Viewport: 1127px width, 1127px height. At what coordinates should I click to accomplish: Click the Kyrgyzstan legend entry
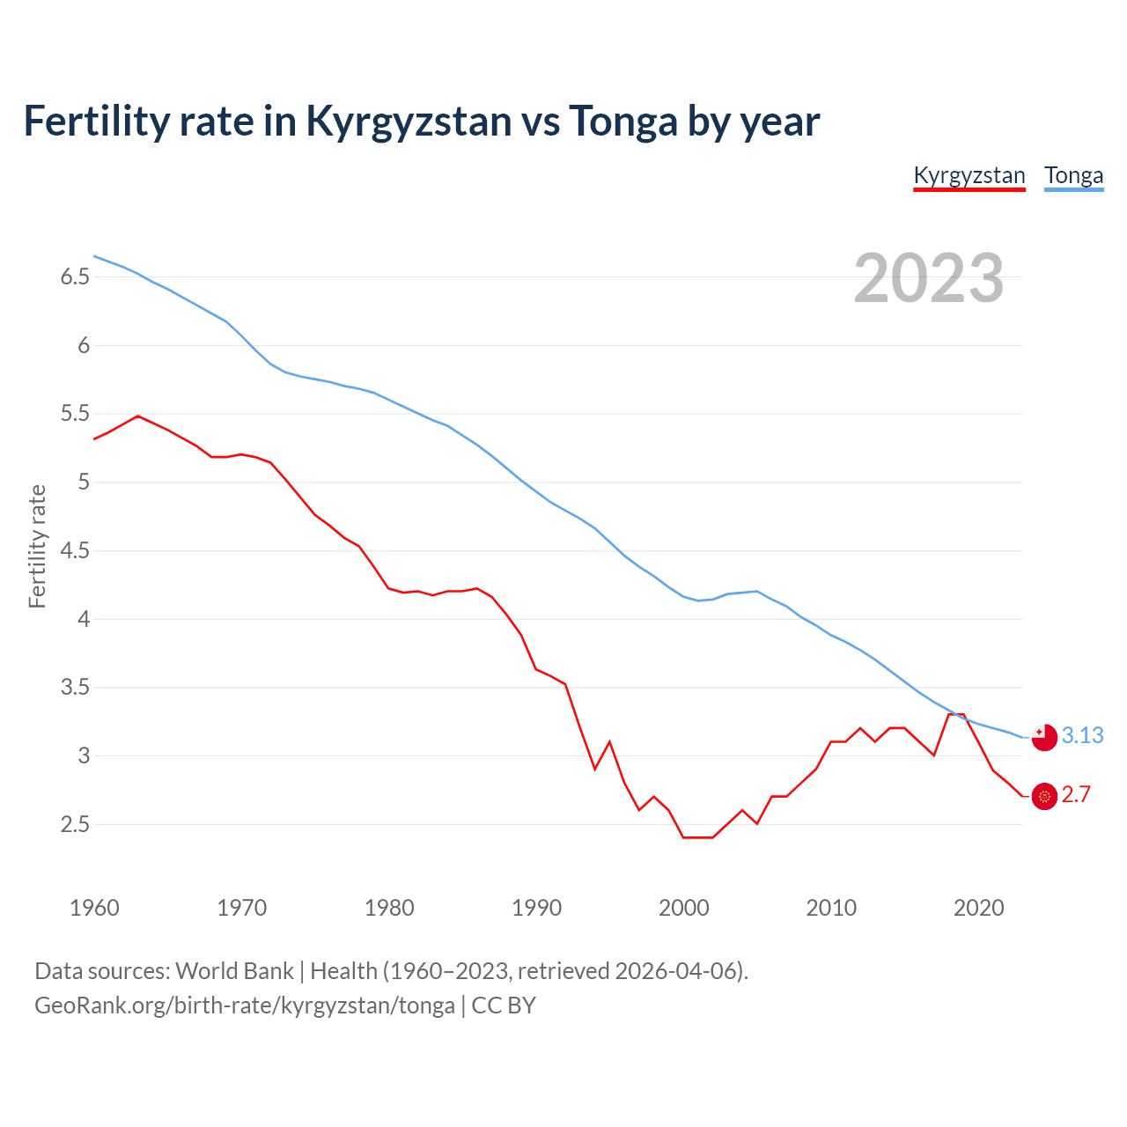click(969, 175)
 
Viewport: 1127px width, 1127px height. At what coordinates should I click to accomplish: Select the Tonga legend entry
click(1073, 175)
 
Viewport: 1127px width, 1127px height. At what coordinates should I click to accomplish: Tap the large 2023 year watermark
click(929, 278)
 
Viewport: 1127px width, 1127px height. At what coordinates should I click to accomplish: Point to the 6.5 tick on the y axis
click(75, 277)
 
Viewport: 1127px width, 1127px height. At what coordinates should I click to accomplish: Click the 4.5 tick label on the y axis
click(75, 551)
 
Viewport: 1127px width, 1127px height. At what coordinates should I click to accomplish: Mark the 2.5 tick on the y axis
click(75, 825)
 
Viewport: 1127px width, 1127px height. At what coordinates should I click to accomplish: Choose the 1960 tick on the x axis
click(94, 908)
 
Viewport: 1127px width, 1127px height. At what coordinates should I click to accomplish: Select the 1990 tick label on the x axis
click(536, 908)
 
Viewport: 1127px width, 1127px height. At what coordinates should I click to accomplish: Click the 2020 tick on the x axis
click(978, 908)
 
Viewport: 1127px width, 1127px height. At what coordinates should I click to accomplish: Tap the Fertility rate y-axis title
click(37, 546)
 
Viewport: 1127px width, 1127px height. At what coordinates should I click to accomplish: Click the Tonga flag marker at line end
click(1044, 737)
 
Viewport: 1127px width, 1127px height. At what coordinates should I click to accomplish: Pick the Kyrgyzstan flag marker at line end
click(1044, 796)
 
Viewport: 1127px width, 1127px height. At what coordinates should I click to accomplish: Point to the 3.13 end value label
click(1082, 735)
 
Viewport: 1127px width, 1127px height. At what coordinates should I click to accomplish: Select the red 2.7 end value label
click(1076, 794)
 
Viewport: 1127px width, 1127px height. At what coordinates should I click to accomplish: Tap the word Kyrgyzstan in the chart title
click(408, 121)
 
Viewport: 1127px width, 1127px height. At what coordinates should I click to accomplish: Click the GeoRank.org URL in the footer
click(244, 1005)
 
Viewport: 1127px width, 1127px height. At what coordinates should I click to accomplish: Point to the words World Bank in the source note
click(234, 971)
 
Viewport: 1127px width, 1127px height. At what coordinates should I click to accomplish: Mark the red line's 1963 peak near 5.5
click(137, 416)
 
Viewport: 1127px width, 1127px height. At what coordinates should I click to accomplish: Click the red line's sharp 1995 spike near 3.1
click(609, 741)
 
